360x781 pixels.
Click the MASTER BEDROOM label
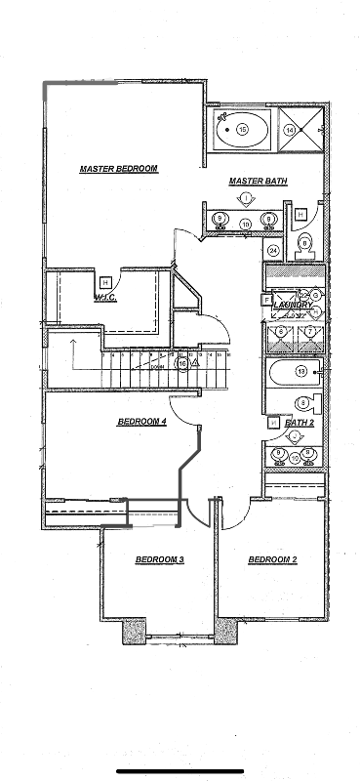click(x=118, y=169)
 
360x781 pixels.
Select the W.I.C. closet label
click(x=105, y=297)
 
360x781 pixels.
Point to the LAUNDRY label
click(x=293, y=305)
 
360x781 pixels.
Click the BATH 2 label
click(x=299, y=423)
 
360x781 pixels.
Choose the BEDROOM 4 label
click(x=142, y=422)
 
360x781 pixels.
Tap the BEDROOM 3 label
click(x=159, y=559)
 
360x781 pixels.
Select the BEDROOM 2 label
click(x=272, y=559)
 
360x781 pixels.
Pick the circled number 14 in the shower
click(x=289, y=128)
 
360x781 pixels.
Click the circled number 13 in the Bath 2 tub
click(x=301, y=372)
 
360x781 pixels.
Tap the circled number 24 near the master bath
click(x=273, y=251)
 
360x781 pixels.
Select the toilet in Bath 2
click(x=306, y=401)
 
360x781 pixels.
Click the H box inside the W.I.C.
click(x=104, y=283)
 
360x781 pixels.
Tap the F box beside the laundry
click(x=265, y=301)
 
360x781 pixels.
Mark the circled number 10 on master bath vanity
click(x=245, y=225)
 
